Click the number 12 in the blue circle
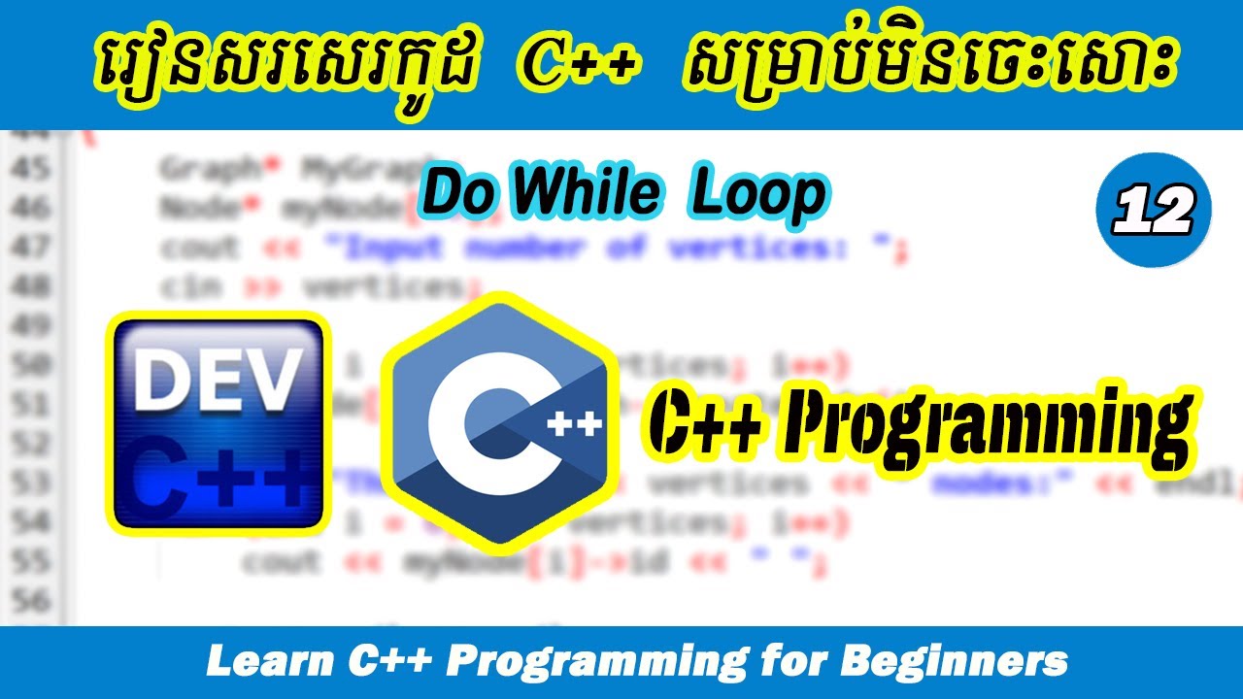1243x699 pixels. (x=1153, y=211)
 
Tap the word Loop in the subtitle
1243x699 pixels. (x=757, y=195)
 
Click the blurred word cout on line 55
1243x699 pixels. (x=282, y=561)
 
